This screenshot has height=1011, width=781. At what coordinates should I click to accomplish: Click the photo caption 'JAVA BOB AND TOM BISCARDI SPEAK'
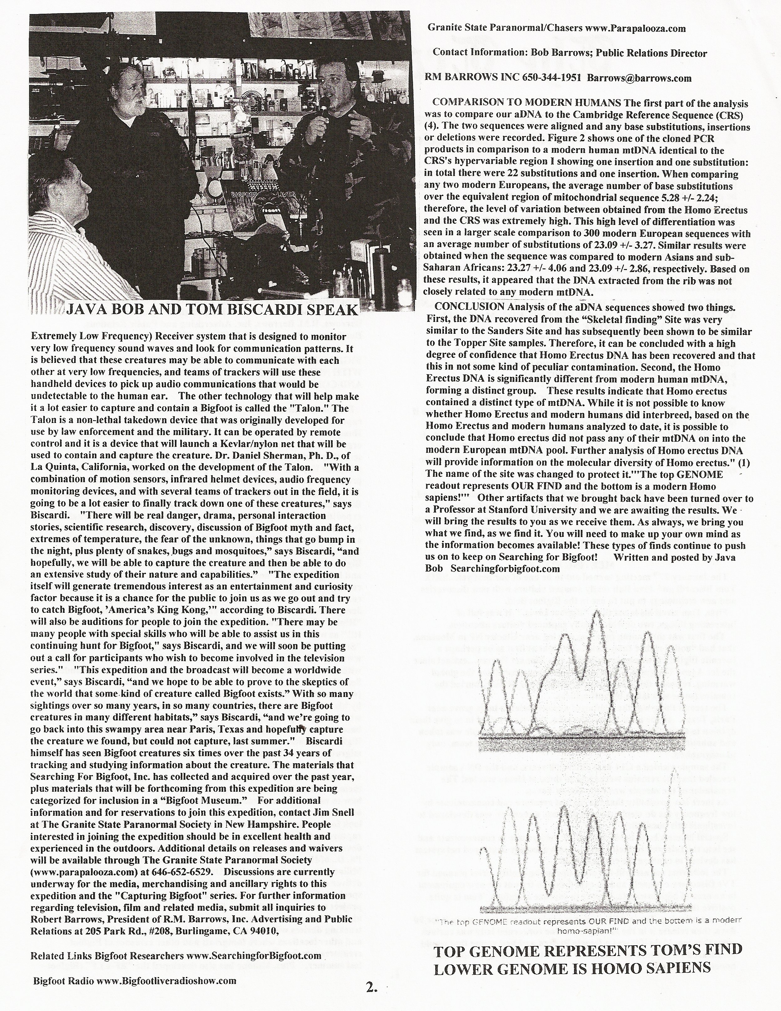[x=212, y=310]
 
